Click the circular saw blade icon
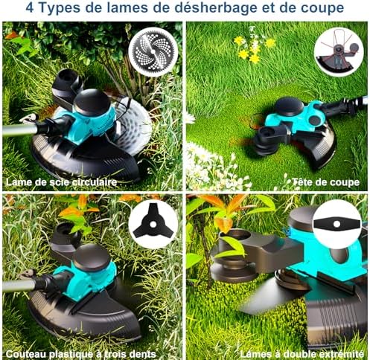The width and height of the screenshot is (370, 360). (153, 51)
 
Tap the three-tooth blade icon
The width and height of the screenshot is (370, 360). (153, 224)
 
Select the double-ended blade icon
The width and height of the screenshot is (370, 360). (336, 224)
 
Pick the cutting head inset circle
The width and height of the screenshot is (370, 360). (339, 52)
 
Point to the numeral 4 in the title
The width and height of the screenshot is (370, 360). (30, 8)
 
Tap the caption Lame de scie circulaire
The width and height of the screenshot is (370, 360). (61, 182)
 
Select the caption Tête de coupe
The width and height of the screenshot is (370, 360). (326, 182)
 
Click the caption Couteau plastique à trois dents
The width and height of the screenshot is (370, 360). (81, 354)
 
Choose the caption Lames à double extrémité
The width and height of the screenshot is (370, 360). (302, 354)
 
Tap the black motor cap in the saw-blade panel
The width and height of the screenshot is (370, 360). (92, 102)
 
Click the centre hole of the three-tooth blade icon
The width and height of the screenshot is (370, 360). (153, 225)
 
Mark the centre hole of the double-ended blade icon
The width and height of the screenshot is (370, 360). (336, 224)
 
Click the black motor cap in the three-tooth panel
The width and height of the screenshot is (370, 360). (92, 257)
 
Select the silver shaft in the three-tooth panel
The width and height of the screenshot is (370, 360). (19, 285)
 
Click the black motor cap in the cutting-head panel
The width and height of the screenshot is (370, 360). (289, 106)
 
